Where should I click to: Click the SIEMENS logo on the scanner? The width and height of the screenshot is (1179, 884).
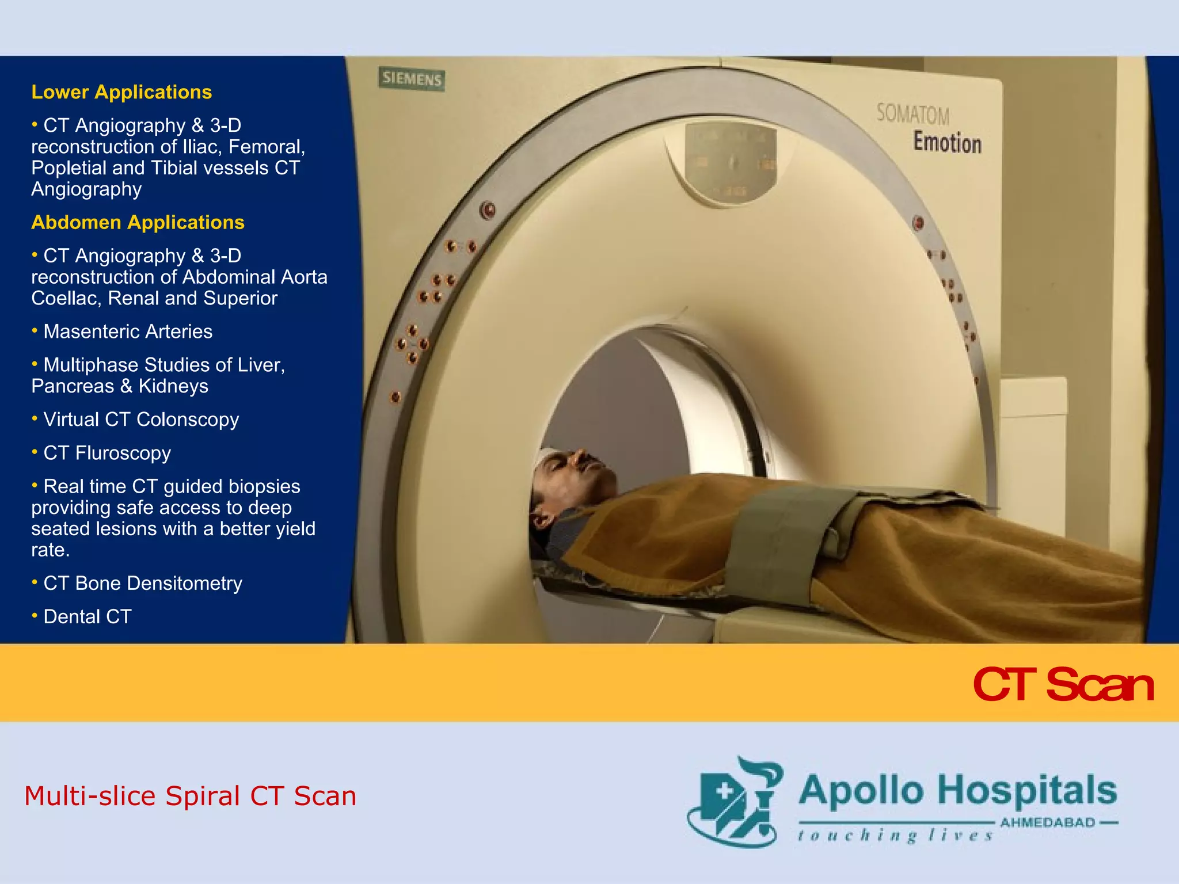pyautogui.click(x=412, y=79)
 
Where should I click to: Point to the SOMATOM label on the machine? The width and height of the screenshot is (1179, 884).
pyautogui.click(x=912, y=113)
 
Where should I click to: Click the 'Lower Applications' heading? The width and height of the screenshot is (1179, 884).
pyautogui.click(x=121, y=92)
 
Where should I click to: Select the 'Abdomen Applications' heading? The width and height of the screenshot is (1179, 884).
pyautogui.click(x=138, y=222)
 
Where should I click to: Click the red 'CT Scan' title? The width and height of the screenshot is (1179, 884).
pyautogui.click(x=1063, y=684)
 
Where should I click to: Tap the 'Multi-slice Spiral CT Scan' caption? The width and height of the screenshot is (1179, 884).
pyautogui.click(x=190, y=796)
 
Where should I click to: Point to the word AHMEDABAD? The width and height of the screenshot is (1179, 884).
pyautogui.click(x=1047, y=822)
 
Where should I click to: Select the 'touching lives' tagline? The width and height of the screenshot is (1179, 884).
pyautogui.click(x=895, y=835)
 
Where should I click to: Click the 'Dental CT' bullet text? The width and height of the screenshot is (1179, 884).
pyautogui.click(x=88, y=616)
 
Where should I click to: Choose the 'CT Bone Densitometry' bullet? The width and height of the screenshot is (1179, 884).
pyautogui.click(x=143, y=583)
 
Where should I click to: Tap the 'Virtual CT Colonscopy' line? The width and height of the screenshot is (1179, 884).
pyautogui.click(x=141, y=420)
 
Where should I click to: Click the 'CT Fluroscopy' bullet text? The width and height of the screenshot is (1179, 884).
pyautogui.click(x=107, y=453)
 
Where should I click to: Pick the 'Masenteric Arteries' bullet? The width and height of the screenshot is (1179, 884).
pyautogui.click(x=128, y=331)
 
